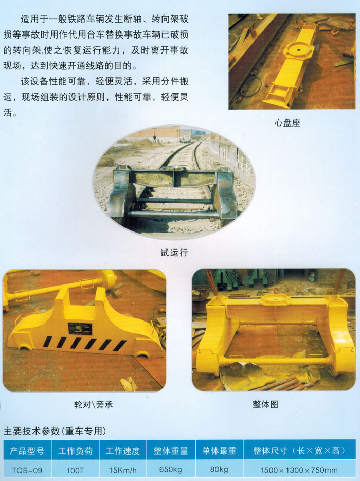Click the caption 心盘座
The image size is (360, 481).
click(287, 123)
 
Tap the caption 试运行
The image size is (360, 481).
click(174, 253)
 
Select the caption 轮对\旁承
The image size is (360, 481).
click(93, 405)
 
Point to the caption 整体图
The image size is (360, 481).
click(265, 404)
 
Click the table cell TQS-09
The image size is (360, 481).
click(27, 470)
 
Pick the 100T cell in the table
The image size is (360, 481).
click(75, 470)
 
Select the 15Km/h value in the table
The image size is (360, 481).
click(123, 470)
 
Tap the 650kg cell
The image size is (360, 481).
click(171, 470)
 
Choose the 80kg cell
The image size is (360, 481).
click(219, 470)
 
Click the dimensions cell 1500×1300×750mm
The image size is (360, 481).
click(299, 470)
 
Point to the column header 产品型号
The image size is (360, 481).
click(27, 451)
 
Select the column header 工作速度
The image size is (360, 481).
click(123, 451)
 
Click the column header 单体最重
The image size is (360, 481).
click(219, 451)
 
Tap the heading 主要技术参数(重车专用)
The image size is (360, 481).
click(55, 431)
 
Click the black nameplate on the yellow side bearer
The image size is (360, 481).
click(80, 329)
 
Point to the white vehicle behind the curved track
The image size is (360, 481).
click(185, 139)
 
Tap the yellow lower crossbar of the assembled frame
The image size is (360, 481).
click(275, 361)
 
